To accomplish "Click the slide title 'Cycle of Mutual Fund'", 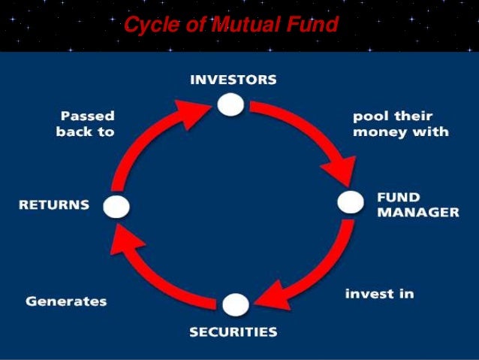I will click(231, 26).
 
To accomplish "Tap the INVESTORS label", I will click(233, 79).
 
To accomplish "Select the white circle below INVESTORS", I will click(231, 104).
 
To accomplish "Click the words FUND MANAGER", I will click(417, 204).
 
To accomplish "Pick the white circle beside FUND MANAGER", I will click(350, 201).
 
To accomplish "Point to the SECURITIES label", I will click(233, 331).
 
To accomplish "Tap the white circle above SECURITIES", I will click(234, 304).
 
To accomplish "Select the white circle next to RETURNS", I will click(116, 206).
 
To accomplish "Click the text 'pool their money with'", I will click(400, 124).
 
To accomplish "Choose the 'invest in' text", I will click(379, 293).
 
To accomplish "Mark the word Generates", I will click(66, 301).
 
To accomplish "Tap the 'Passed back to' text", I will click(85, 124).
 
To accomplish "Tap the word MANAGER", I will click(417, 212).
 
